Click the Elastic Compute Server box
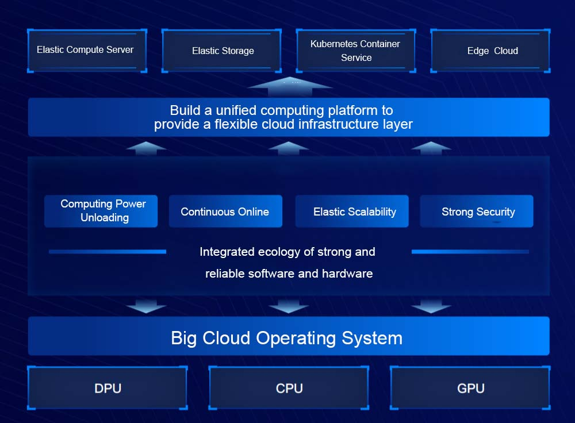(x=87, y=51)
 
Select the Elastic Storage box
(x=222, y=51)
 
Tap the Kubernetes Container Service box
(x=356, y=51)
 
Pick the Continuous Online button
(x=225, y=211)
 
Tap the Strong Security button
(x=477, y=211)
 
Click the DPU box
(x=108, y=388)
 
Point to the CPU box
(x=289, y=388)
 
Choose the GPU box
(x=470, y=388)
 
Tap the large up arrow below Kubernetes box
(x=290, y=86)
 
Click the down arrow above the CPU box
(x=289, y=306)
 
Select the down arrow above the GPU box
(x=431, y=306)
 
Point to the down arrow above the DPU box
(x=146, y=306)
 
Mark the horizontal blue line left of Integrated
(x=108, y=252)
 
